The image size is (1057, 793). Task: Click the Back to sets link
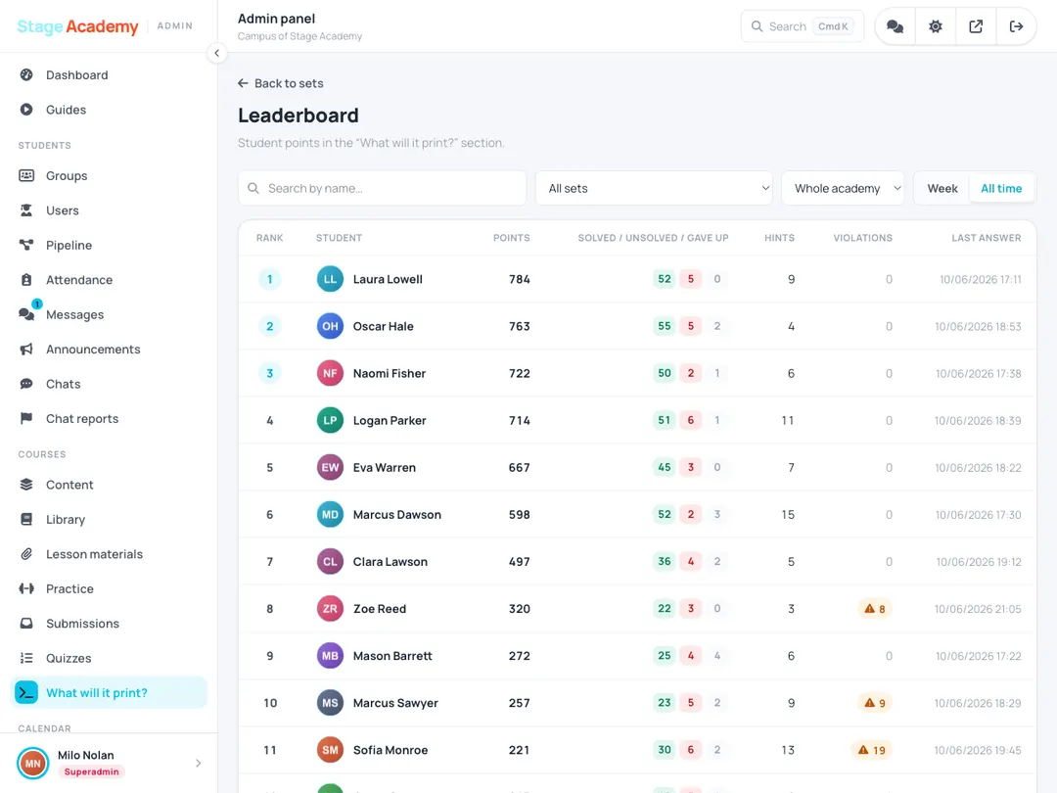pos(281,83)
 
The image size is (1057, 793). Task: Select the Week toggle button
pos(942,189)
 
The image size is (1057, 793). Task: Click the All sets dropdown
pos(654,188)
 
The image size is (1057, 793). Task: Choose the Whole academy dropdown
pos(843,188)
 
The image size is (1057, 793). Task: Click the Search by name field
pos(383,188)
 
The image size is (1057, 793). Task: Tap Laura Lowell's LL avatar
pos(331,279)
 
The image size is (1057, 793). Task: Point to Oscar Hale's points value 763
pos(519,326)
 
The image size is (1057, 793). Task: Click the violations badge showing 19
pos(872,750)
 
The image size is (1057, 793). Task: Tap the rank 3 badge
pos(270,374)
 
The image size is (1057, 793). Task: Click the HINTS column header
pos(779,238)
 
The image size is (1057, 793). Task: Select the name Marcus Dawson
pos(397,515)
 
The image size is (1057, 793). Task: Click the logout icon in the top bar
pos(1016,26)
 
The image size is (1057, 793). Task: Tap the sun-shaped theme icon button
pos(935,26)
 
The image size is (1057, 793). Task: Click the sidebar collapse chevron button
pos(216,53)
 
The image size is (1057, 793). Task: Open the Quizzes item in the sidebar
pos(69,658)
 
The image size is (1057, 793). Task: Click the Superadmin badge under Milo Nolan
pos(92,772)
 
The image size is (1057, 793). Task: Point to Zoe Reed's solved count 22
pos(664,609)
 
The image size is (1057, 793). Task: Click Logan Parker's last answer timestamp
pos(978,421)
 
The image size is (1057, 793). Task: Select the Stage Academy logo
pos(77,26)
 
